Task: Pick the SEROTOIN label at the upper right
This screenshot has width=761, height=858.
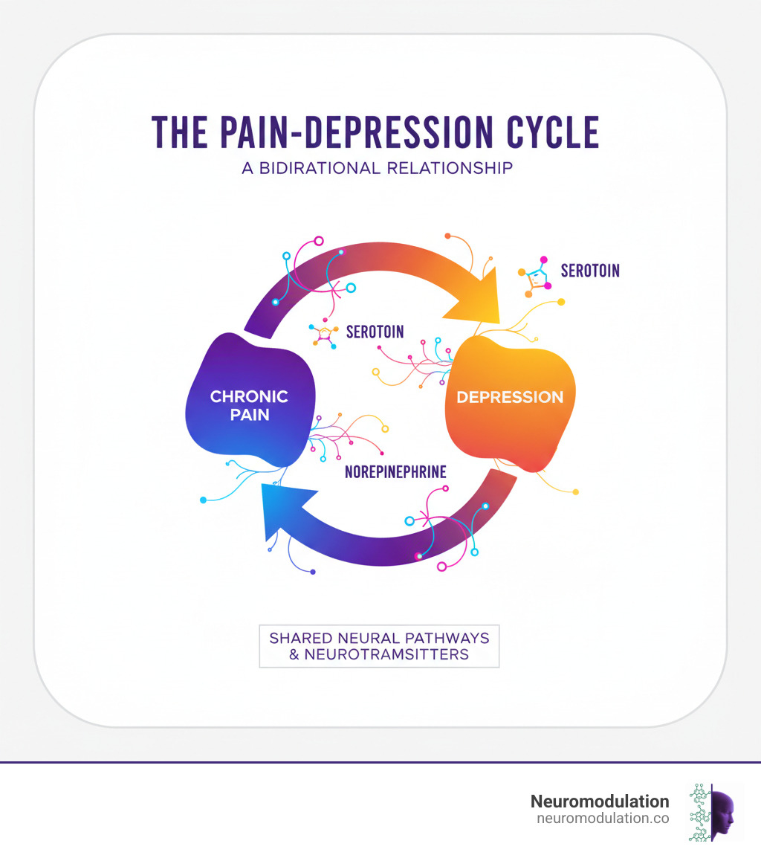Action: [589, 271]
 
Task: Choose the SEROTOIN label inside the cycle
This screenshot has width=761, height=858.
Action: [375, 332]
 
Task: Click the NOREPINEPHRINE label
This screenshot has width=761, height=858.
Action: [395, 472]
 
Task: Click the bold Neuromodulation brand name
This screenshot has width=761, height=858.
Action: [599, 801]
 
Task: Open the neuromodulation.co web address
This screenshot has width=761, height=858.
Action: [602, 818]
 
